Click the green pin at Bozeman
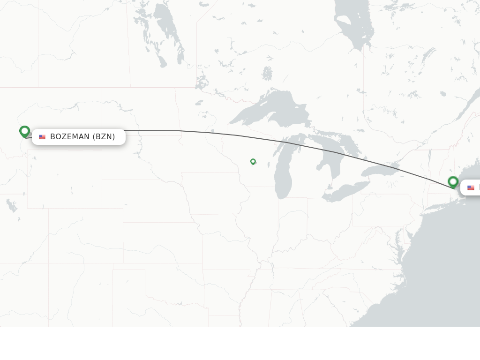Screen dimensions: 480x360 point(25,131)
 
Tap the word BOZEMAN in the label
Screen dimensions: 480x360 point(70,137)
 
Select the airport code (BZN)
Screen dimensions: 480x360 point(104,137)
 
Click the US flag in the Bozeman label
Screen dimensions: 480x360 point(42,137)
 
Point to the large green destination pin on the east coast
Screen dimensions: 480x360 point(453,181)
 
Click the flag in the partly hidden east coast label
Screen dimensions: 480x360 point(471,188)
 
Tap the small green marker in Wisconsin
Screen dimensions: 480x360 point(253,161)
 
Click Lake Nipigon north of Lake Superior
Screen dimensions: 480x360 point(267,74)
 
